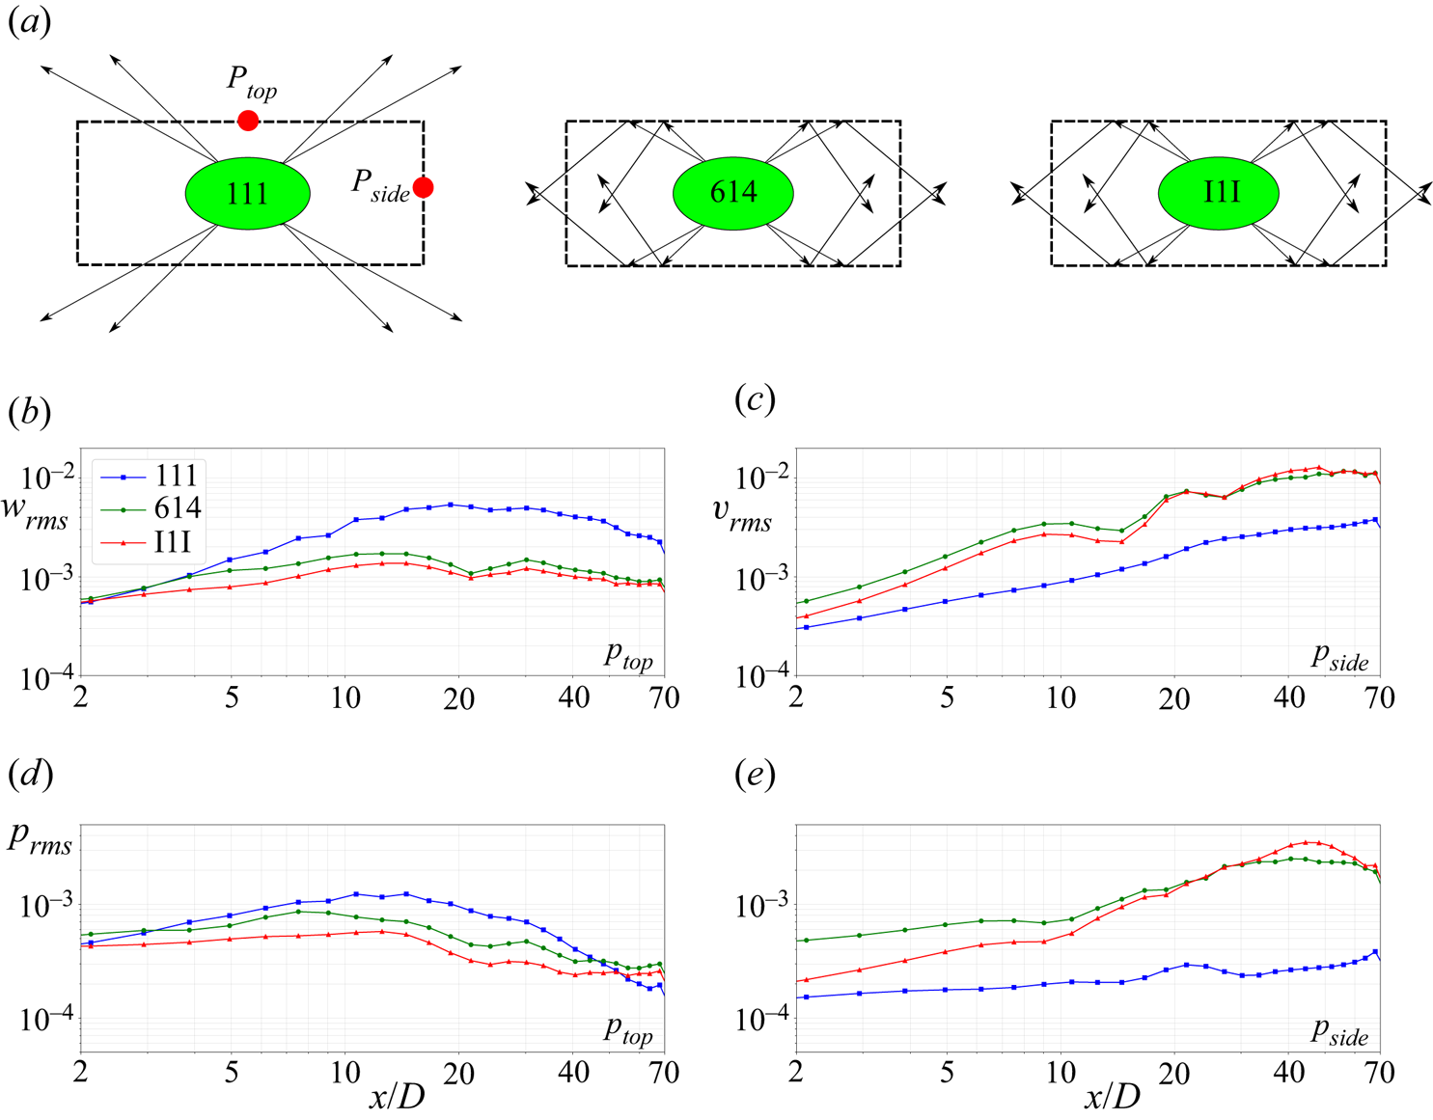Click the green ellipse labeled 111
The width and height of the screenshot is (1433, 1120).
click(248, 193)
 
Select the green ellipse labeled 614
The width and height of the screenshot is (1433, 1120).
click(733, 193)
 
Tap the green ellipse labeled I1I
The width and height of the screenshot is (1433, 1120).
click(1219, 193)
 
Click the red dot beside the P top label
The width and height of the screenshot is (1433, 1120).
click(248, 121)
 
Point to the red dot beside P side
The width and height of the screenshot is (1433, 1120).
click(423, 187)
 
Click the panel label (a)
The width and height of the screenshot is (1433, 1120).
click(29, 21)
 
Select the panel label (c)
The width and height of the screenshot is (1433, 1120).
click(755, 398)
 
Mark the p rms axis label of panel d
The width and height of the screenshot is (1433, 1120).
click(41, 837)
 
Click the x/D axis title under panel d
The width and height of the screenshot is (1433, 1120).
click(397, 1096)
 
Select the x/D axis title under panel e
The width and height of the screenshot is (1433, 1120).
click(1113, 1096)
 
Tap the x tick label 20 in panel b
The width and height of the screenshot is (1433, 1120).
click(459, 698)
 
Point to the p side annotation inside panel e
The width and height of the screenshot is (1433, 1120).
click(1339, 1032)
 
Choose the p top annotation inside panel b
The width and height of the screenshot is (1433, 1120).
click(628, 656)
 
